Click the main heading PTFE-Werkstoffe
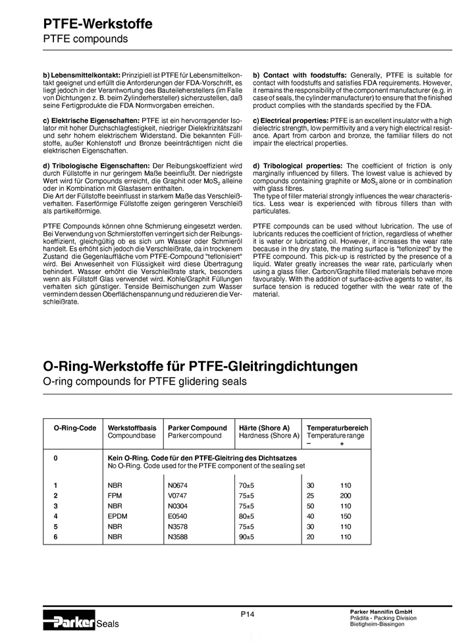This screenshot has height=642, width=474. coord(97,24)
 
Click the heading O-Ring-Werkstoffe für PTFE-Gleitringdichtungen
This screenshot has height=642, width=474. coord(200,366)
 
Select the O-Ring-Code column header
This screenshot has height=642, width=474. coord(74,428)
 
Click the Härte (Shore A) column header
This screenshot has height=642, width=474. coord(264,428)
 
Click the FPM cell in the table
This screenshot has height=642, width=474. coord(115,496)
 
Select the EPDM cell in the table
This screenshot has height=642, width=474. coord(117,516)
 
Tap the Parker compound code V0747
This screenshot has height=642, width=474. coord(178,496)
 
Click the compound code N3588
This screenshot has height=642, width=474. coord(178,537)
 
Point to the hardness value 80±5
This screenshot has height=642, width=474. coord(247,516)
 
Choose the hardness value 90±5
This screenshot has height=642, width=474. coord(247,537)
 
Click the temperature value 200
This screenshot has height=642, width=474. coord(346,496)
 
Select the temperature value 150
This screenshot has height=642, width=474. coord(346,516)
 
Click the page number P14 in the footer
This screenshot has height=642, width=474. coord(247,614)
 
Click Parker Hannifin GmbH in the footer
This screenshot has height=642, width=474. coord(380,612)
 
